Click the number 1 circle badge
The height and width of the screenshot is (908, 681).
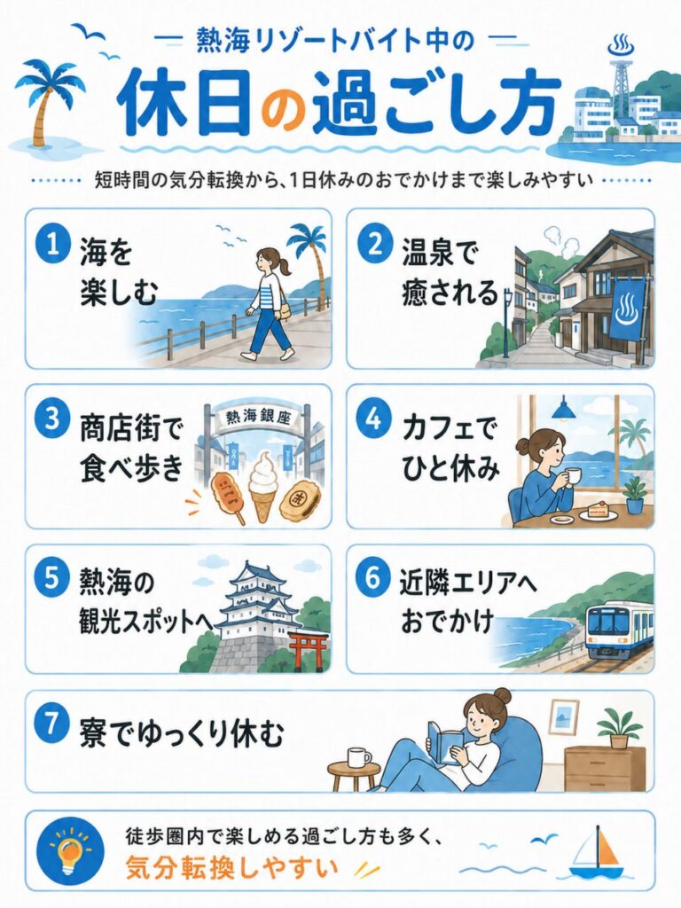click(x=52, y=246)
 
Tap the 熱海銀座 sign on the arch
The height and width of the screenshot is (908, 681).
click(x=257, y=417)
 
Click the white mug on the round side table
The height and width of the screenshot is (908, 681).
click(x=359, y=757)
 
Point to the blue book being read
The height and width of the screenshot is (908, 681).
click(x=445, y=742)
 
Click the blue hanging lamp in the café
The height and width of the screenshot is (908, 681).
click(x=563, y=410)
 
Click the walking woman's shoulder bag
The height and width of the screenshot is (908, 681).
click(x=284, y=309)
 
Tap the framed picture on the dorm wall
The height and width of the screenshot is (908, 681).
click(x=564, y=718)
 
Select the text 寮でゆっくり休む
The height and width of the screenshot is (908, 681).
click(x=181, y=733)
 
